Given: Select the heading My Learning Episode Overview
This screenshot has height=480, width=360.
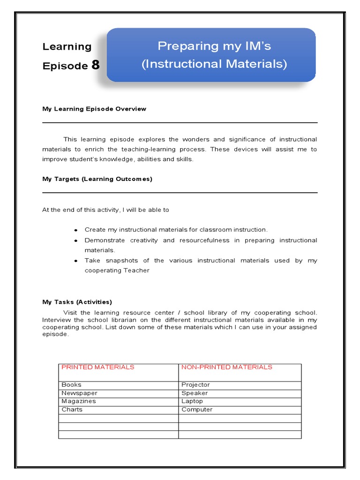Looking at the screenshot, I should tap(94, 109).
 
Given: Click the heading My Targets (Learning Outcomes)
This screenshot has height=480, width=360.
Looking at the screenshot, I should tap(97, 179).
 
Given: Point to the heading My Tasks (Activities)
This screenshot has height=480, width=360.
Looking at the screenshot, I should tap(77, 302).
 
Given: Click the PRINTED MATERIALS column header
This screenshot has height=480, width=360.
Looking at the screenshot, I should tap(97, 367).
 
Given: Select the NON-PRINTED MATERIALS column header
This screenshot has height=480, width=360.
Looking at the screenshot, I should tap(226, 367).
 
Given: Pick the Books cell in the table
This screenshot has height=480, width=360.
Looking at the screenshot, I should tap(71, 385).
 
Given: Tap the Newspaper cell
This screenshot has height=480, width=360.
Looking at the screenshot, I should tap(79, 393).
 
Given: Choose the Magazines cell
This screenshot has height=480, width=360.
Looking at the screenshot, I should tap(78, 401).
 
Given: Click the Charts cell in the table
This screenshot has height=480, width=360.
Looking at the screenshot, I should tap(72, 410).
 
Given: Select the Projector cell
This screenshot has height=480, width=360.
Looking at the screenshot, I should tap(195, 385).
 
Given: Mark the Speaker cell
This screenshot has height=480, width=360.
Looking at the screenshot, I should tap(194, 393).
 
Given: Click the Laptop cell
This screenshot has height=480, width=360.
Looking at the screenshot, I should tap(192, 401).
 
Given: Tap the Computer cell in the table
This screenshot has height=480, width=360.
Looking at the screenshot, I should tap(197, 410).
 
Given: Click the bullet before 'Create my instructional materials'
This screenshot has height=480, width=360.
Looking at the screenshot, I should tap(75, 230).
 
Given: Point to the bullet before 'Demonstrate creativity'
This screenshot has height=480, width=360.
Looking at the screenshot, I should tap(75, 240).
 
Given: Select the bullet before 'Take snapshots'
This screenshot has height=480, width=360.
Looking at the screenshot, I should tap(75, 261).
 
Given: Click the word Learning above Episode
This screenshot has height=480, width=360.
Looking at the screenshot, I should tap(67, 47).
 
